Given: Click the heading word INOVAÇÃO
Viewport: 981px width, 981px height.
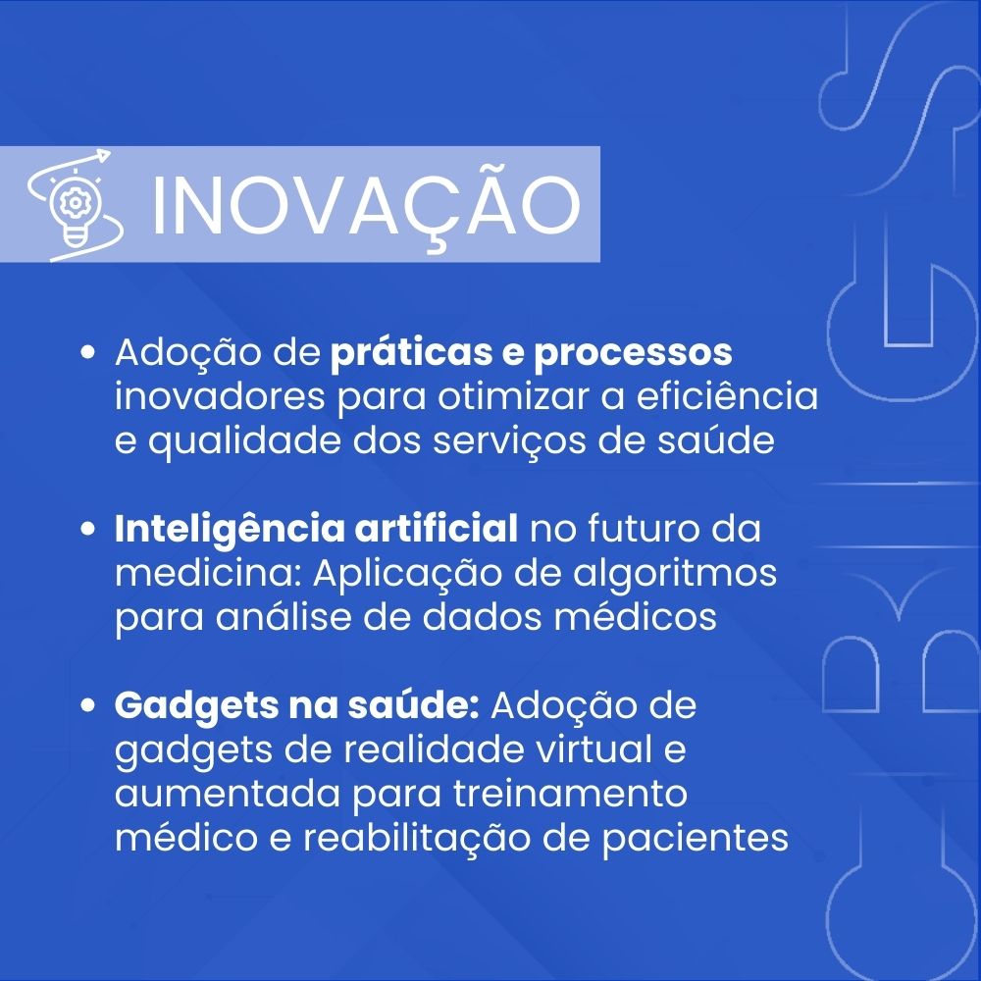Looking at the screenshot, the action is (x=366, y=206).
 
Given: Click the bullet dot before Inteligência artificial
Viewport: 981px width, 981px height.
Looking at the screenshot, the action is (x=88, y=529).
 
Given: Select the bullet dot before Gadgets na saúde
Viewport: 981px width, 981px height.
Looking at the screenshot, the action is (x=88, y=705).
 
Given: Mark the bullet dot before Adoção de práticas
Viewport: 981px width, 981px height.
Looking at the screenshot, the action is (x=88, y=352).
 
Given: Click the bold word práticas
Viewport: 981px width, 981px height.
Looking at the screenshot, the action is (x=411, y=353).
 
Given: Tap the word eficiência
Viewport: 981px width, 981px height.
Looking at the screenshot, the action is (x=727, y=396).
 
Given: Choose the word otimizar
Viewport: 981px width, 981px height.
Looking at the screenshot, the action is (x=514, y=397).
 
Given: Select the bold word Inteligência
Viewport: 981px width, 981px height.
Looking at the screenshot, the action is (x=230, y=530).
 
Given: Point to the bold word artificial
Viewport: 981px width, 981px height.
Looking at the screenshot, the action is (x=437, y=529).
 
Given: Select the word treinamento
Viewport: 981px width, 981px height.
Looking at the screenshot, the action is (x=570, y=794).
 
